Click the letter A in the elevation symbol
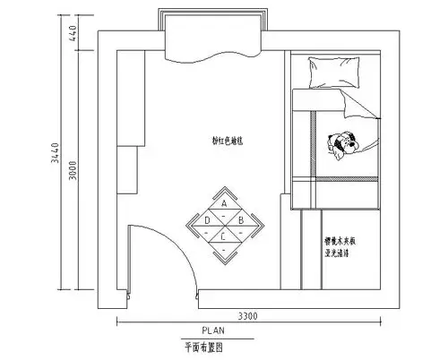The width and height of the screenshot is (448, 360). tap(223, 203)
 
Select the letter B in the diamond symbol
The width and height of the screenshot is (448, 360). tap(240, 219)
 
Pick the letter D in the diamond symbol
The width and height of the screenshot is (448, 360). tap(207, 219)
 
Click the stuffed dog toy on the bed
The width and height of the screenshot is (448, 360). tap(343, 143)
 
